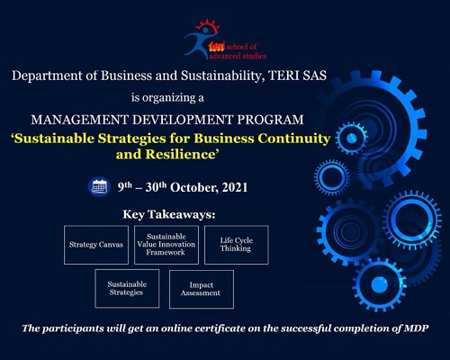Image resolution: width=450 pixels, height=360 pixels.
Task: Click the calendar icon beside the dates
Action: click(99, 187)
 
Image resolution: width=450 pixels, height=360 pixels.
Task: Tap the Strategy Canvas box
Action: click(96, 245)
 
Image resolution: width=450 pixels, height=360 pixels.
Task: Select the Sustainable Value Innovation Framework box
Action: click(166, 245)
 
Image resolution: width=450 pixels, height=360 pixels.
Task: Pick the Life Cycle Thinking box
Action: click(237, 245)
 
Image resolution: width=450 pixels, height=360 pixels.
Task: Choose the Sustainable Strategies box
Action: click(127, 288)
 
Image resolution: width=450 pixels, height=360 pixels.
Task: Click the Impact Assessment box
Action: click(202, 289)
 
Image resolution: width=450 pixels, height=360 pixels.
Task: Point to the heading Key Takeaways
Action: click(169, 214)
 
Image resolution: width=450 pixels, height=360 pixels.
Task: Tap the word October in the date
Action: click(194, 187)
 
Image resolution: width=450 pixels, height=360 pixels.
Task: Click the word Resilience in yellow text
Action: click(181, 154)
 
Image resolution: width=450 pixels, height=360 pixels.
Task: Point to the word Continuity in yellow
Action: click(294, 139)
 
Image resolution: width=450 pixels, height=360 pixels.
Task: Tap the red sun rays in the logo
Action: click(207, 25)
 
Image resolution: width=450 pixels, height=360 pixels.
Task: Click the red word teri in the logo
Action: click(217, 47)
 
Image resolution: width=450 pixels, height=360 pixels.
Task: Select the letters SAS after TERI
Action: click(314, 76)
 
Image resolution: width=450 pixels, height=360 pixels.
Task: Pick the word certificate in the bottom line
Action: click(220, 328)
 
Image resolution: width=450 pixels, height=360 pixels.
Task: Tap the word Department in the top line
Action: click(47, 76)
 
